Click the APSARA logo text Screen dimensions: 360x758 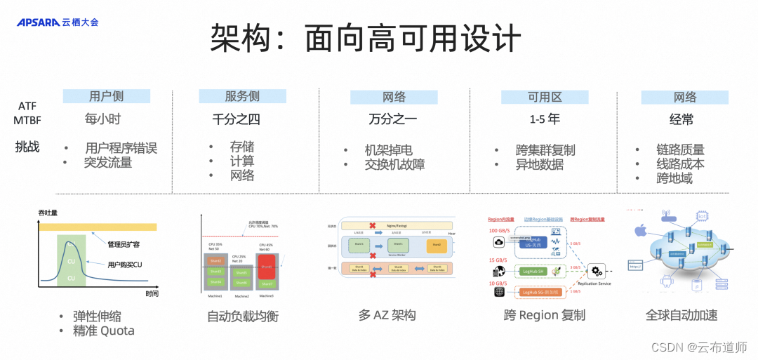[38, 22]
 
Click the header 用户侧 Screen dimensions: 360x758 [107, 97]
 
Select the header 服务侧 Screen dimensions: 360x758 [242, 97]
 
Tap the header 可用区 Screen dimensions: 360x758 [545, 97]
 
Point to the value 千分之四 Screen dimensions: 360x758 [237, 119]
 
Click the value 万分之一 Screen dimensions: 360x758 [393, 119]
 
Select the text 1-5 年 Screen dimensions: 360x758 [544, 119]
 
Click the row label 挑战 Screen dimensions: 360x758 [27, 147]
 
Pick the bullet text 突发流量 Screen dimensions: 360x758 [108, 163]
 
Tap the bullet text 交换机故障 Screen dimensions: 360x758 [394, 165]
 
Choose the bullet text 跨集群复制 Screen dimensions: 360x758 [545, 150]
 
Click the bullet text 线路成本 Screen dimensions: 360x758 [680, 164]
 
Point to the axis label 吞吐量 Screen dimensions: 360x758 [48, 212]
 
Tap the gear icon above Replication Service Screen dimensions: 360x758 [598, 271]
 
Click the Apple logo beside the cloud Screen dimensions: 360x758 [639, 230]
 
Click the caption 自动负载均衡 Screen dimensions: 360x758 [243, 316]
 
